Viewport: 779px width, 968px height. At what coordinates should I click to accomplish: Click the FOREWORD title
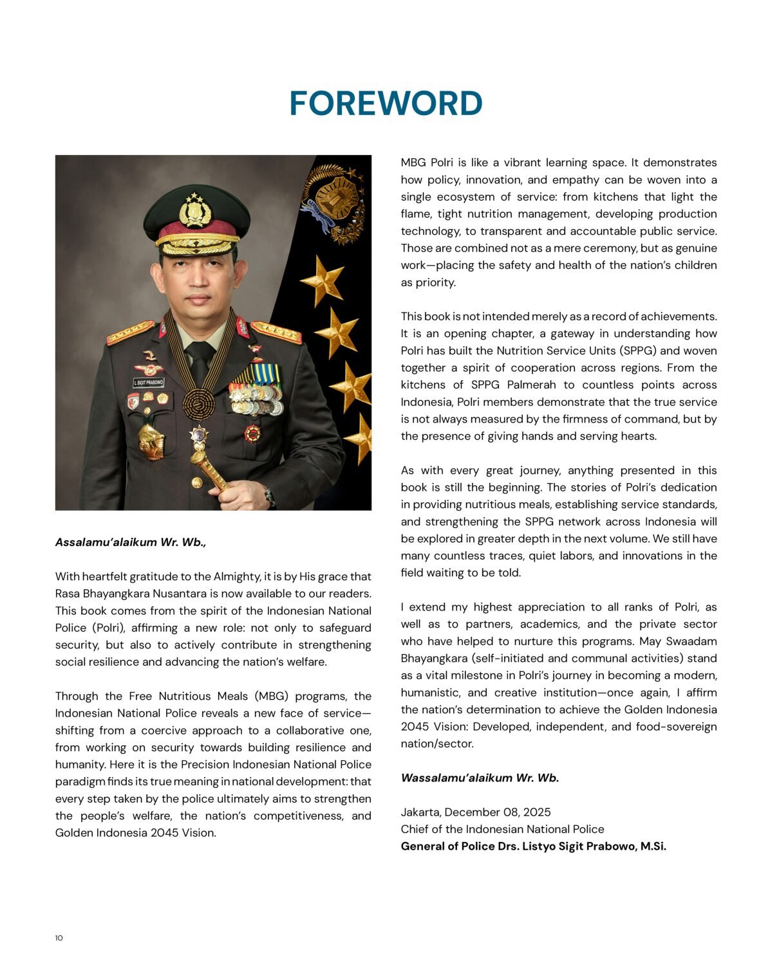[x=386, y=104]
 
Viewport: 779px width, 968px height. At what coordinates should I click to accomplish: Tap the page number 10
[x=59, y=938]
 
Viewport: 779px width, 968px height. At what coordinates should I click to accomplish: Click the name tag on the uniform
[x=148, y=382]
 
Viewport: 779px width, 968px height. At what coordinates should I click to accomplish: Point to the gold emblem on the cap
[x=194, y=210]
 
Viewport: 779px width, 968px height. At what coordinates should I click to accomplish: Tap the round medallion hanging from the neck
[x=198, y=404]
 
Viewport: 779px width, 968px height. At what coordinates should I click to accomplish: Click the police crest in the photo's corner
[x=333, y=203]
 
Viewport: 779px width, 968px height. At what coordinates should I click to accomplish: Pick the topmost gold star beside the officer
[x=321, y=280]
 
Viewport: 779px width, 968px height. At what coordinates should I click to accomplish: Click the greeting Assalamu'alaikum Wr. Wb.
[x=131, y=542]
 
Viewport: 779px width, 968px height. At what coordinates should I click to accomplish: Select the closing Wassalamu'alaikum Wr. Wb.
[x=480, y=778]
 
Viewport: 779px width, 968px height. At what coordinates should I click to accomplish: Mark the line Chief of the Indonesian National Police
[x=502, y=829]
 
